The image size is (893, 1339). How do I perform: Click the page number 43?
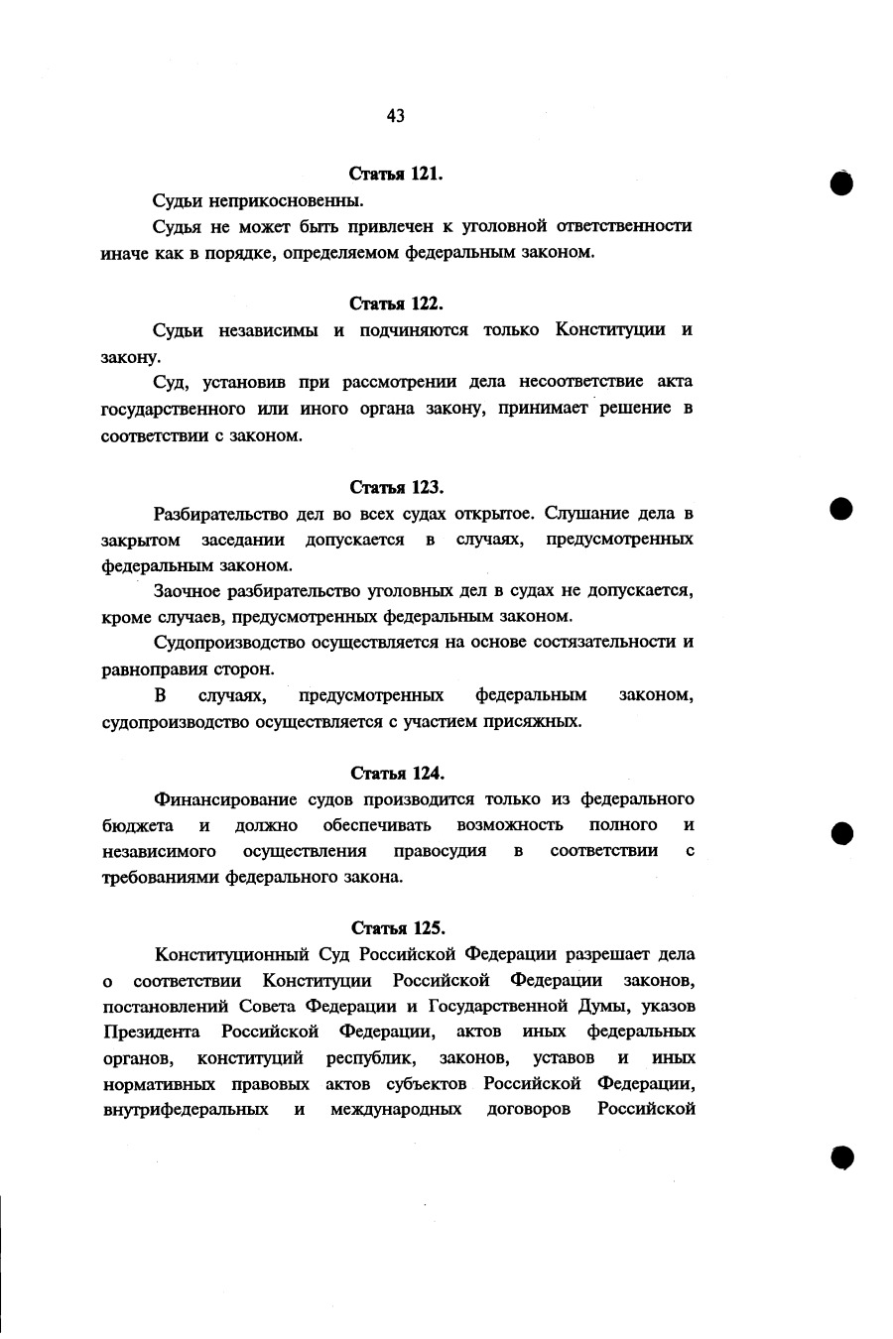pyautogui.click(x=396, y=116)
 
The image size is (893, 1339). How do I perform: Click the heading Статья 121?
pyautogui.click(x=396, y=174)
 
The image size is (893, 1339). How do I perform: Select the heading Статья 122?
pyautogui.click(x=396, y=304)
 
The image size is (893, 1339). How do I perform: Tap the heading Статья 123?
pyautogui.click(x=396, y=487)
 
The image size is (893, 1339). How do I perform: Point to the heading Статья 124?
pyautogui.click(x=397, y=773)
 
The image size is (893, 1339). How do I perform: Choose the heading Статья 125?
pyautogui.click(x=398, y=928)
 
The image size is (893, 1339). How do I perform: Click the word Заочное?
pyautogui.click(x=186, y=591)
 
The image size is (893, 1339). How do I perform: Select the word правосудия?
pyautogui.click(x=440, y=851)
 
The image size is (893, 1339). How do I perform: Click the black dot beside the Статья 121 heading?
pyautogui.click(x=842, y=183)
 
